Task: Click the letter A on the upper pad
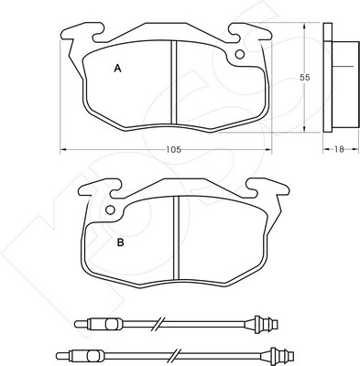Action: tap(117, 69)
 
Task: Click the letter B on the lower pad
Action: tap(121, 242)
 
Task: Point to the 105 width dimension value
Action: tap(173, 149)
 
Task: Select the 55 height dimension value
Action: tap(304, 78)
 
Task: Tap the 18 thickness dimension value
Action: tap(339, 149)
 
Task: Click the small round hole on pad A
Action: tap(240, 54)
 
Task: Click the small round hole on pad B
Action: tap(110, 210)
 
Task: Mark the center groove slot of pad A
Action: tap(174, 82)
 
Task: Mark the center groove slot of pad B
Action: tap(176, 238)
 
